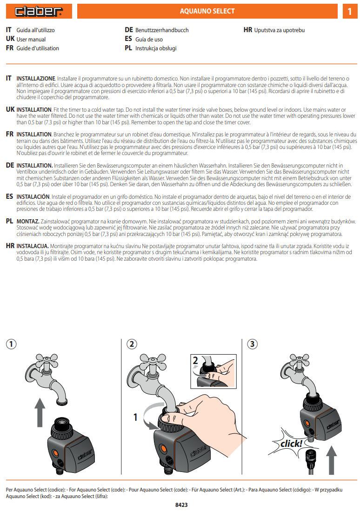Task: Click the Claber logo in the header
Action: point(39,11)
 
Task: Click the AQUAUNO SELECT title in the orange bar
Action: point(207,11)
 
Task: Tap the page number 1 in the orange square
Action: point(350,12)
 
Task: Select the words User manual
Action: point(31,39)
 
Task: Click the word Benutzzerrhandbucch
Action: point(162,30)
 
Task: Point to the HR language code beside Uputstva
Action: point(248,30)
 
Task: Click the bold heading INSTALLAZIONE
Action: point(36,79)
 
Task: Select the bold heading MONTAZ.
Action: point(28,222)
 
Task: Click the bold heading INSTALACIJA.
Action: point(33,246)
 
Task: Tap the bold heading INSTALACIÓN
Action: point(33,197)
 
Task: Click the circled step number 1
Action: point(11,344)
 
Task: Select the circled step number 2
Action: point(132,344)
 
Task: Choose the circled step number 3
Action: point(252,344)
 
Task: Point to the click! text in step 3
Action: point(291,444)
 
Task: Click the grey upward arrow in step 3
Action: point(331,460)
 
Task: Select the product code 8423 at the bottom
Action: point(181,505)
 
